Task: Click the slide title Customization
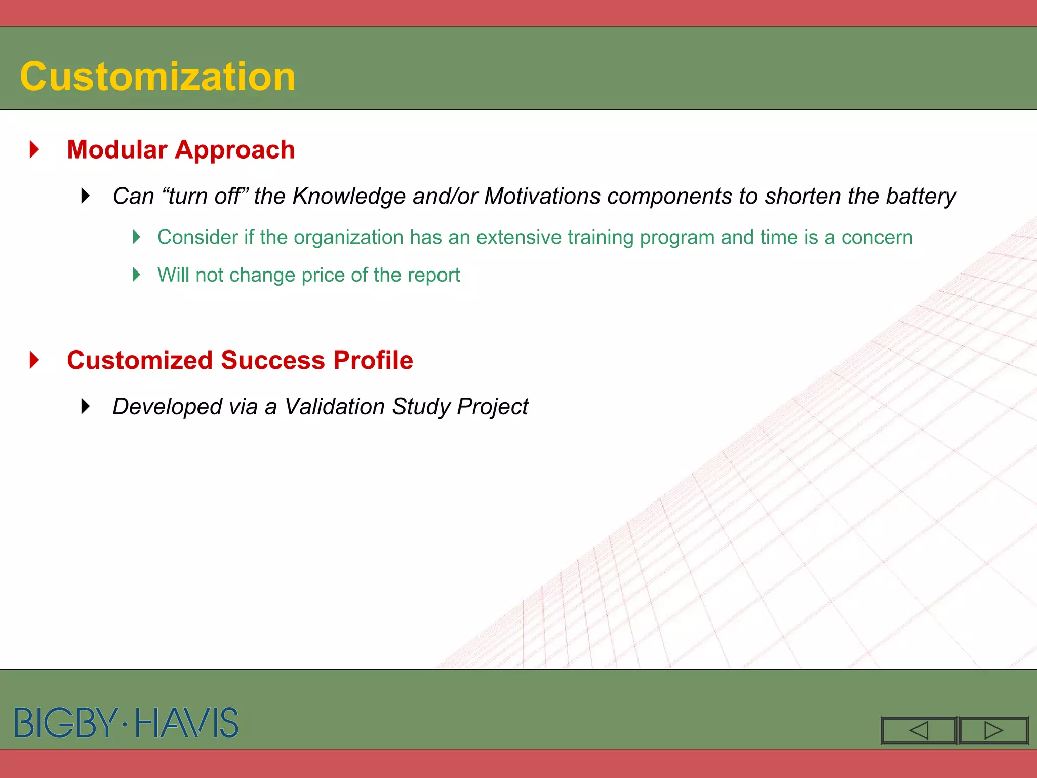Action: click(x=157, y=76)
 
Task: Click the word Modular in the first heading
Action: click(x=117, y=150)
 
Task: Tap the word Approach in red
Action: click(x=235, y=150)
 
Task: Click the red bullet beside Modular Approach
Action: click(x=34, y=149)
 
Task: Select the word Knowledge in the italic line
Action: click(x=349, y=196)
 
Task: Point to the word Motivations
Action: click(x=542, y=196)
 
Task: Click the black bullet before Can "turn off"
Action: click(x=86, y=196)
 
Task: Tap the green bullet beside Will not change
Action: click(x=136, y=275)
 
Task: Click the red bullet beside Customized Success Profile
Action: click(x=34, y=360)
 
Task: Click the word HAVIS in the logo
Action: click(x=187, y=723)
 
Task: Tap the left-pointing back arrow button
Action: click(x=919, y=730)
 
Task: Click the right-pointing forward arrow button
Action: click(x=993, y=730)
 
